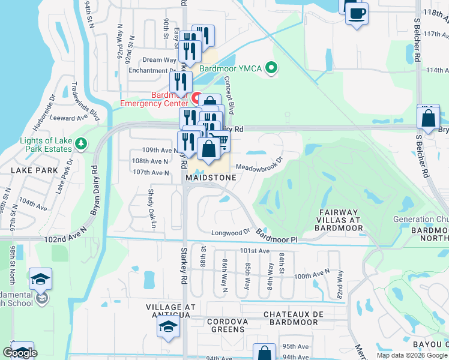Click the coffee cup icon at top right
pos(357,13)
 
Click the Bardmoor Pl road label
pos(277,235)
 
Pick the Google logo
pos(20,353)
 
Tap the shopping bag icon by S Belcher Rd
pos(429,119)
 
